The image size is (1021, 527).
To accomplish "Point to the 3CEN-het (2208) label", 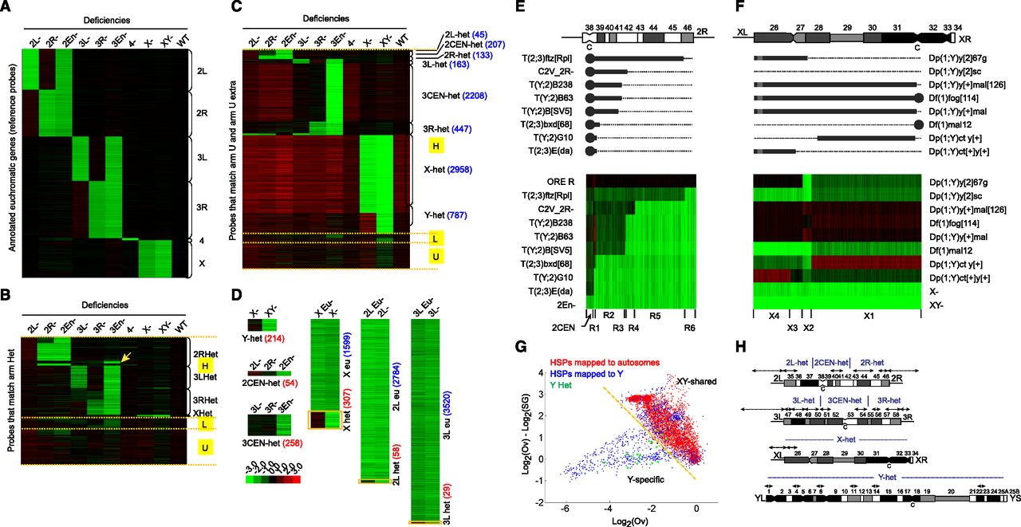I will point(451,95).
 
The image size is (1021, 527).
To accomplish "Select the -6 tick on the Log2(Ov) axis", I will point(565,509).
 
